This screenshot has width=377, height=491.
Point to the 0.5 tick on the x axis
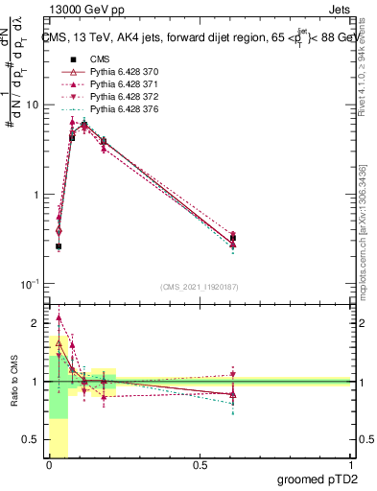coord(199,464)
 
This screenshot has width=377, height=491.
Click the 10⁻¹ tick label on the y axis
coord(29,284)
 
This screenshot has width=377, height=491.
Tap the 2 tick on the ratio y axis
coord(36,322)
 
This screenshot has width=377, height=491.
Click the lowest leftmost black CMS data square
coord(59,246)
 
